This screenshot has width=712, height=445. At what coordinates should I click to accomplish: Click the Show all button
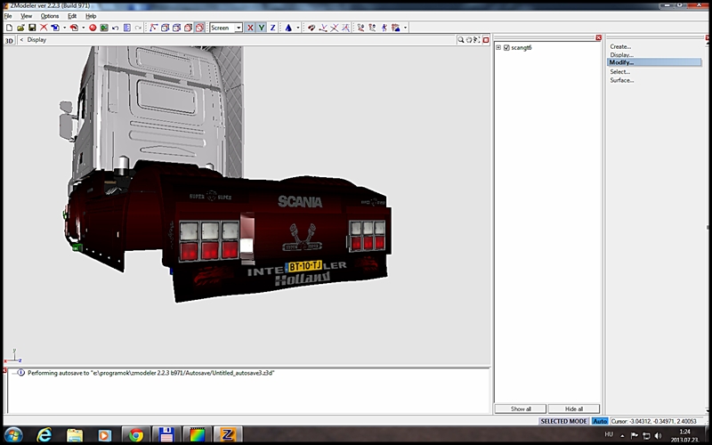pos(521,409)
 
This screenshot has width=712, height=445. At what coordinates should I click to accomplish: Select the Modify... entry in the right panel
pos(622,62)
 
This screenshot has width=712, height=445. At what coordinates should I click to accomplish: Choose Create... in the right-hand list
pos(620,46)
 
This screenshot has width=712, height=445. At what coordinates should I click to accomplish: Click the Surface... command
pos(622,80)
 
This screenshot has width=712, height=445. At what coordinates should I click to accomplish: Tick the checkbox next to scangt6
pos(506,47)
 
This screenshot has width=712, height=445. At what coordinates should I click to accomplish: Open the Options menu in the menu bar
pos(50,16)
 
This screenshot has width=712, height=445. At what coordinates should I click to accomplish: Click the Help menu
pos(91,16)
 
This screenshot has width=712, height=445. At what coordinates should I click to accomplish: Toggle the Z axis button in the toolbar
pos(272,28)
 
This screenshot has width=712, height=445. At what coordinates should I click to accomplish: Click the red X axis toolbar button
pos(250,28)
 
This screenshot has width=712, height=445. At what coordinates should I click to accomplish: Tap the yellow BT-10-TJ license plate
pos(304,266)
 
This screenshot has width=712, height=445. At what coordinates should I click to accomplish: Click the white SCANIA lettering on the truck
pos(300,202)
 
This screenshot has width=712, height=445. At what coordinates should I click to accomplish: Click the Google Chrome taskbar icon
pos(134,435)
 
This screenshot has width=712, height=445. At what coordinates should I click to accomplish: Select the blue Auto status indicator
pos(600,421)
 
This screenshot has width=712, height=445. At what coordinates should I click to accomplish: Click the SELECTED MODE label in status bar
pos(564,421)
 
